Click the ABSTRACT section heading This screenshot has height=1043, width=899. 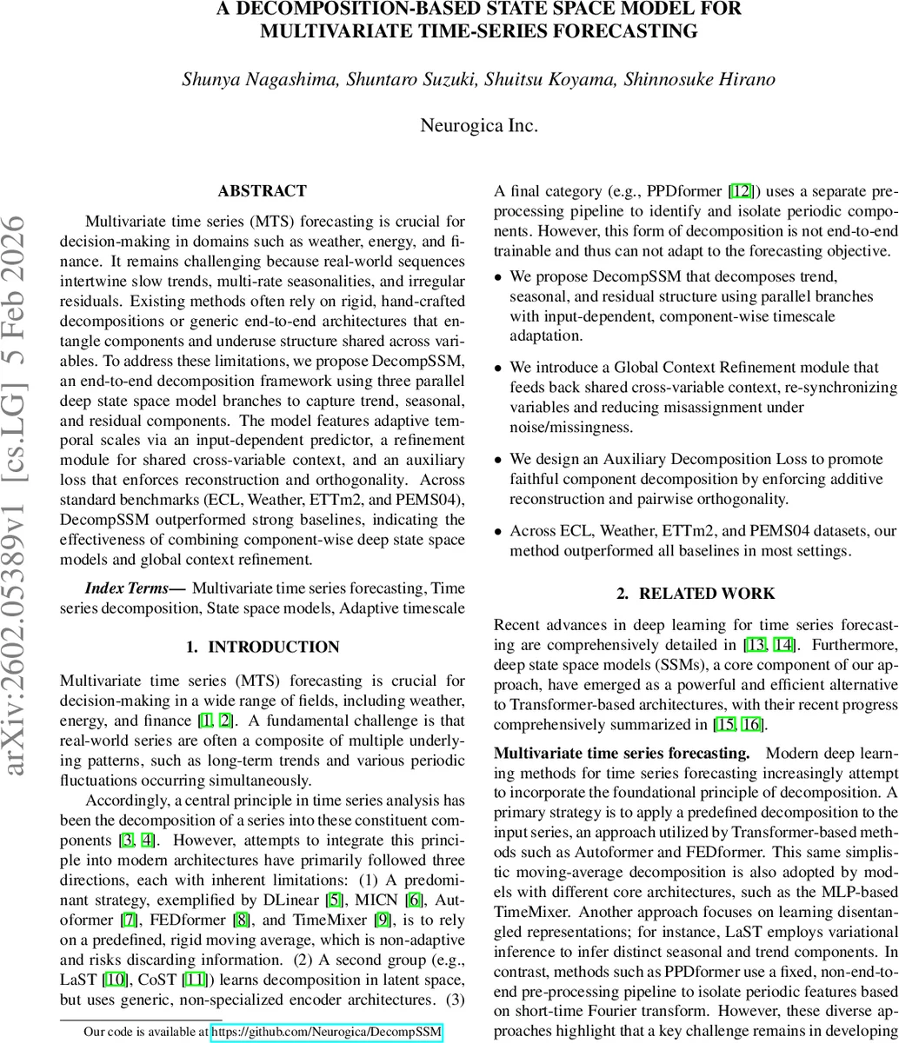point(262,191)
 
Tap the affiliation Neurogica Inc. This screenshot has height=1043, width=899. point(479,125)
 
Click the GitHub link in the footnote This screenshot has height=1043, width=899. point(327,1033)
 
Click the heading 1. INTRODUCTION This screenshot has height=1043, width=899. point(263,647)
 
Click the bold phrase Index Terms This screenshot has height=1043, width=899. point(134,589)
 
